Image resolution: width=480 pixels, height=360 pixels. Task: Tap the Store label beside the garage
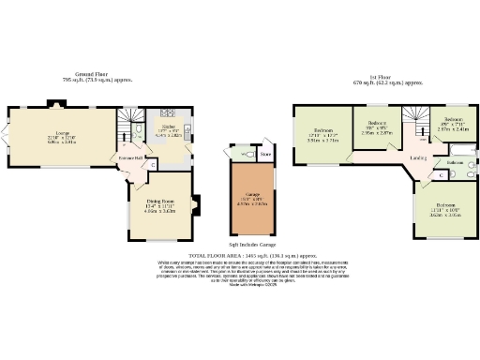tap(265, 155)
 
